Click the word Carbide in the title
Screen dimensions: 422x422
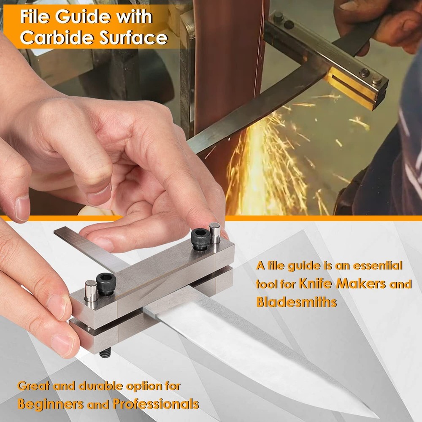57,38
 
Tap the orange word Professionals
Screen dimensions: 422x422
156,403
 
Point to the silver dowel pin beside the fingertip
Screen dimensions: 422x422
214,233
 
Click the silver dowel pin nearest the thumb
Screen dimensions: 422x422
91,291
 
